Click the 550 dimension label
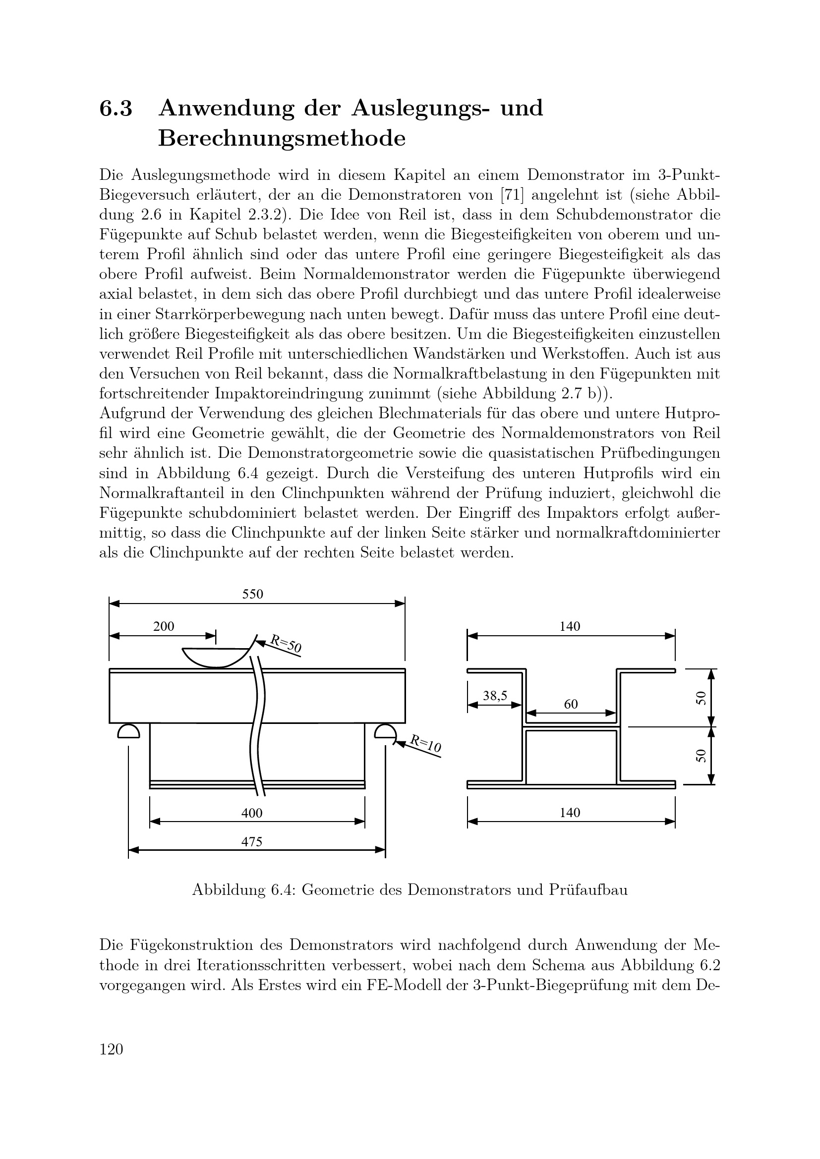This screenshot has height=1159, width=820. point(252,594)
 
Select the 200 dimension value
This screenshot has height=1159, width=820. point(164,626)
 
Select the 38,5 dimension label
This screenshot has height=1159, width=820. point(495,696)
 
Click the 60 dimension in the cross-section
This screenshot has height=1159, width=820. point(571,704)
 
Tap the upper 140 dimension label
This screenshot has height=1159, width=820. point(570,626)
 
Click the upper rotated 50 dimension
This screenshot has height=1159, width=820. point(701,698)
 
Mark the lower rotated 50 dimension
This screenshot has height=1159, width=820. point(701,755)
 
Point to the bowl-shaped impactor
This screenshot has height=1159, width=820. point(216,657)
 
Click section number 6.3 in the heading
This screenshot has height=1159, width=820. point(116,109)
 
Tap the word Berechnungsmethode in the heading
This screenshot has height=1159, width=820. point(282,139)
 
